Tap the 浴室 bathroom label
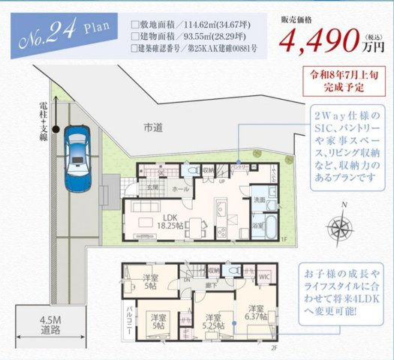click(x=257, y=225)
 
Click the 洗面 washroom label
click(x=257, y=200)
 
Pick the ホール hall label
click(x=180, y=190)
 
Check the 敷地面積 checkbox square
click(x=135, y=23)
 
